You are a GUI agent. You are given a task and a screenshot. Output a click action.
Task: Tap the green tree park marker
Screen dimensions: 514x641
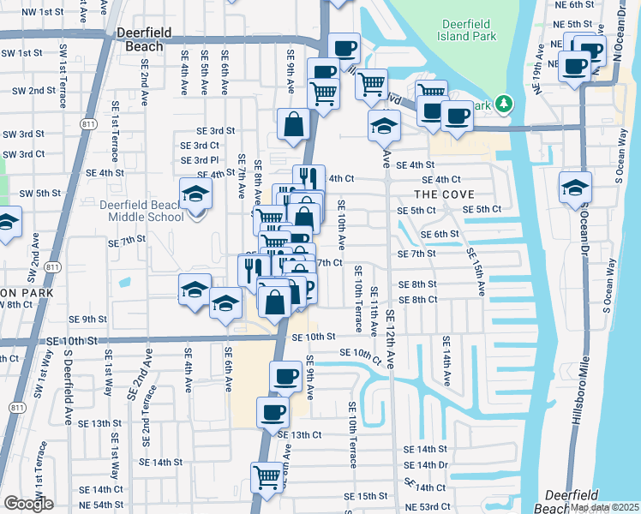pos(506,105)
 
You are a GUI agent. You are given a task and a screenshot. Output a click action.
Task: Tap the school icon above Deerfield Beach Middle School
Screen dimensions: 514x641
pos(196,194)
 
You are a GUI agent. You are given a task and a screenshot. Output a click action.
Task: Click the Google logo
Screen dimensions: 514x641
pos(28,504)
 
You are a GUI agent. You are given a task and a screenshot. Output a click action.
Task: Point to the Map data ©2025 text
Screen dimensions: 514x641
pos(604,507)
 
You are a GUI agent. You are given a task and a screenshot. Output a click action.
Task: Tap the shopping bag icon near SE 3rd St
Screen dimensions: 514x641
pos(294,123)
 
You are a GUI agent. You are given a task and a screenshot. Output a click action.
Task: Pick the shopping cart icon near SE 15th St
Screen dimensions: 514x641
pos(267,476)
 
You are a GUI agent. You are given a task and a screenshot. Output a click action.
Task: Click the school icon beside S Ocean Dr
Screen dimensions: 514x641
pos(575,188)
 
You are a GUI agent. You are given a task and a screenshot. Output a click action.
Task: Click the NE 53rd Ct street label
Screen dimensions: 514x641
pos(432,508)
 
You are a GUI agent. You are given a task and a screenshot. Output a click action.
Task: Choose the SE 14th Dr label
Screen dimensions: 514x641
pos(433,465)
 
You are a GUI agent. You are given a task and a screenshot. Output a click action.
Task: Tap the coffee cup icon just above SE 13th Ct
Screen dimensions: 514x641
pos(273,412)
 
